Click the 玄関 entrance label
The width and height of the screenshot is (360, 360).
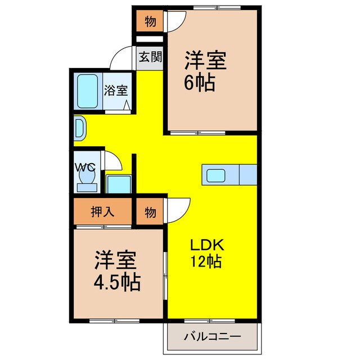(150, 57)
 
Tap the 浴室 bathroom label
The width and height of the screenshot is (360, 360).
(116, 89)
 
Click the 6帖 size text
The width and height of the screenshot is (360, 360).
(199, 83)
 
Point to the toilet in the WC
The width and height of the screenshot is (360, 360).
(87, 177)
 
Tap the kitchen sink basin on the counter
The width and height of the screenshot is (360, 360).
(217, 175)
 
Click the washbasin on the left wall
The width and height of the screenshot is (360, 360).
(79, 128)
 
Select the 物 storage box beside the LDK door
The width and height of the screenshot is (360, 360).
(150, 212)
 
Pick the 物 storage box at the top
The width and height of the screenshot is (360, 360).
(150, 22)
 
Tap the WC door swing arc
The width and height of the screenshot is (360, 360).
(112, 161)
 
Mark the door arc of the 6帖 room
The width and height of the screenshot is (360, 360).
(174, 23)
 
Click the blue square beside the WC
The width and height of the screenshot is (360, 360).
(119, 184)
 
